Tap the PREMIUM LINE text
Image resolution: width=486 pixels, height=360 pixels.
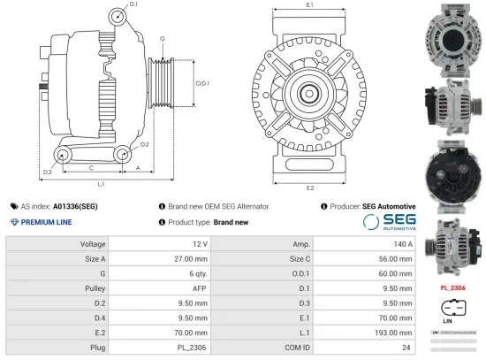point(46,221)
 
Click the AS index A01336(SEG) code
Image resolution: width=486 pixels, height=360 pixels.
point(79,205)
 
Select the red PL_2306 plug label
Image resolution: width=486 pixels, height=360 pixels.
point(452,287)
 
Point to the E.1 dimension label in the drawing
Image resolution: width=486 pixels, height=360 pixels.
point(310,6)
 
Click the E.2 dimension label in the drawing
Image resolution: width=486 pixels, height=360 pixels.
point(310,188)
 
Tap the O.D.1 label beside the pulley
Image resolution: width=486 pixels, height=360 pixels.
point(201,83)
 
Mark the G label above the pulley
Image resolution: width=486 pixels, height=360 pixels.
point(162,39)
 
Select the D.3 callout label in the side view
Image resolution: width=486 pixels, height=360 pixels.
point(22,171)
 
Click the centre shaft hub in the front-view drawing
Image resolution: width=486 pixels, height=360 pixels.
point(310,92)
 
